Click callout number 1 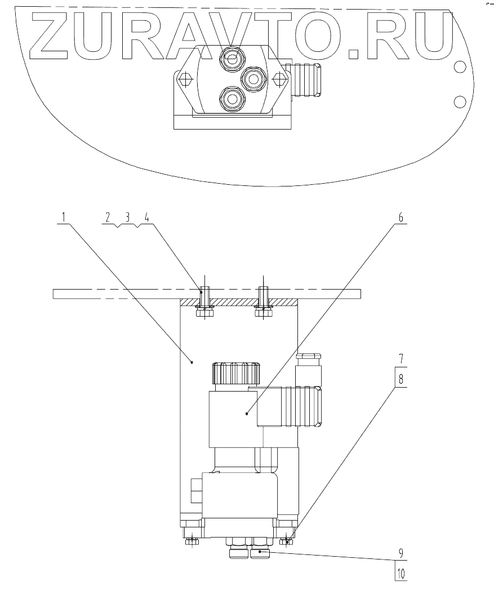(x=64, y=217)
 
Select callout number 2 (x=108, y=217)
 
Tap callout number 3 (x=127, y=217)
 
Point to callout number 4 (x=147, y=217)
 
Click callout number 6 (x=400, y=217)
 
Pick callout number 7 (x=401, y=358)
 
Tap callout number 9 (x=401, y=553)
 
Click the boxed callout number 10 (x=401, y=574)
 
